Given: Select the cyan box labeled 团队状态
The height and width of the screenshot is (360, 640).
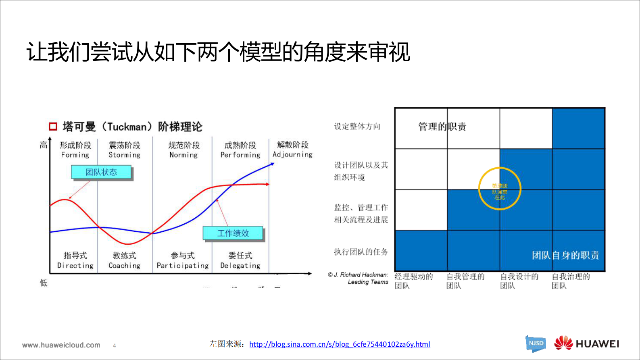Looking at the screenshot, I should click(x=101, y=172).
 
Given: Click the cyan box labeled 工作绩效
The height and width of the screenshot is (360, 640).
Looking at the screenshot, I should click(x=233, y=233).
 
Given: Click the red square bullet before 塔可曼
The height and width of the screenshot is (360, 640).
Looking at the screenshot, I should click(x=53, y=127).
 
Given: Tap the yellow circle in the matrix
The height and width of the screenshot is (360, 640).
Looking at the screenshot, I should click(x=500, y=189).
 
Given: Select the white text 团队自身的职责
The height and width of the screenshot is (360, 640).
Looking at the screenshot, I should click(x=565, y=255).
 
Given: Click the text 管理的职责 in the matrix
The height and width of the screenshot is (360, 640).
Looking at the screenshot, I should click(x=442, y=127).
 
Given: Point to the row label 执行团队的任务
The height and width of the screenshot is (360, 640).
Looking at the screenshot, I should click(x=361, y=252).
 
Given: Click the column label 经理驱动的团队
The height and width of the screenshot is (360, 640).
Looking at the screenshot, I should click(x=413, y=281).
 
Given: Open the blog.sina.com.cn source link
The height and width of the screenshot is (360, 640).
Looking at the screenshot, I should click(x=340, y=344).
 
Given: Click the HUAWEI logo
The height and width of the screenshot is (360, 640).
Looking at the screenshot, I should click(x=586, y=344).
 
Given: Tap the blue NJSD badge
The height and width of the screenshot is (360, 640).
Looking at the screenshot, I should click(x=536, y=343).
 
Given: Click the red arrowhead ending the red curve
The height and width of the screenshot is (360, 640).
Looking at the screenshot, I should click(x=267, y=184).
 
